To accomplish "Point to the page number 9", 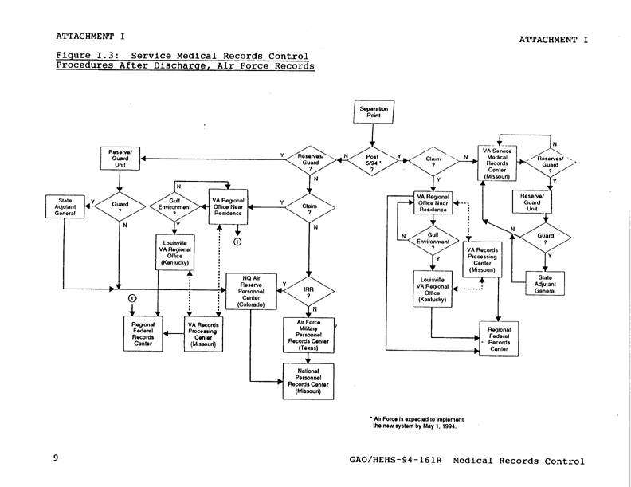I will pyautogui.click(x=56, y=460).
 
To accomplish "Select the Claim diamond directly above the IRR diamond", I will pyautogui.click(x=311, y=208).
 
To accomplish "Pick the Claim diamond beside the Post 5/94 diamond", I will pyautogui.click(x=433, y=162).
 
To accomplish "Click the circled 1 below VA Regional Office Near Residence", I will pyautogui.click(x=237, y=241).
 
